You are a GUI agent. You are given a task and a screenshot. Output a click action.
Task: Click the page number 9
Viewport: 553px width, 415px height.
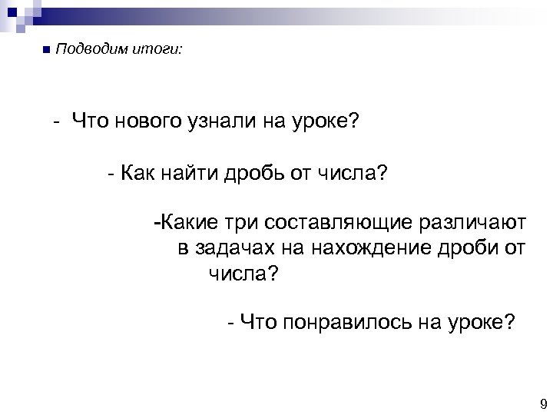pyautogui.click(x=542, y=405)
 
